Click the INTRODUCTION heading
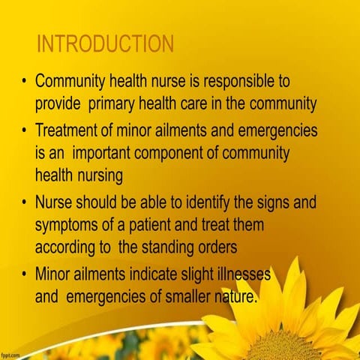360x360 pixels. pos(105,43)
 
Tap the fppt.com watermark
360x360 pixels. pos(11,352)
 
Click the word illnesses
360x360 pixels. pos(238,274)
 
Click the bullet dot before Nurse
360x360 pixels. pos(25,202)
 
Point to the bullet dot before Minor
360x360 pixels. pos(25,274)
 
